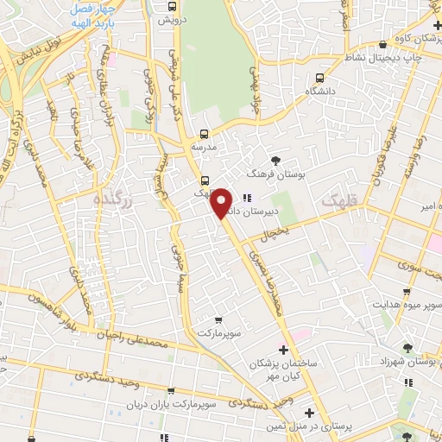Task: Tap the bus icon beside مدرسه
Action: (205, 134)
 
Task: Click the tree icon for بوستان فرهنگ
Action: (276, 160)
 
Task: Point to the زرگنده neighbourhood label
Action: (113, 199)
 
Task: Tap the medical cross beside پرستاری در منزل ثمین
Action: (310, 413)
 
